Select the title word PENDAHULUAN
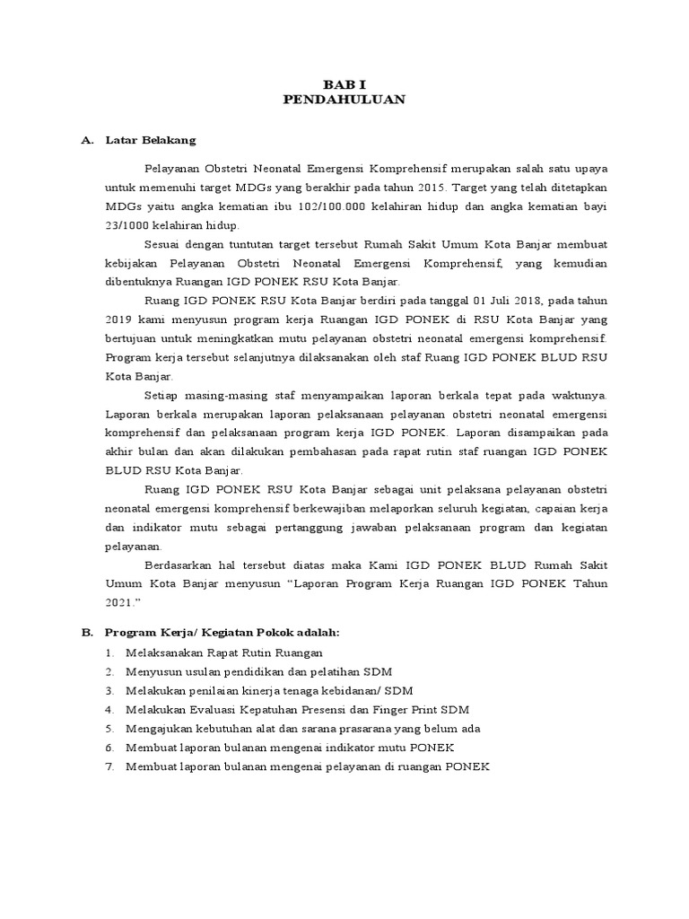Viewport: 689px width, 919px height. click(x=344, y=100)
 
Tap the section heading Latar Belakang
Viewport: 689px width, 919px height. click(x=151, y=141)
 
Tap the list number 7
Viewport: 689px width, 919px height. click(x=109, y=767)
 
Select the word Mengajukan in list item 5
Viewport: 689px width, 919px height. click(x=158, y=729)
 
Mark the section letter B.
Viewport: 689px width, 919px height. click(x=88, y=632)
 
